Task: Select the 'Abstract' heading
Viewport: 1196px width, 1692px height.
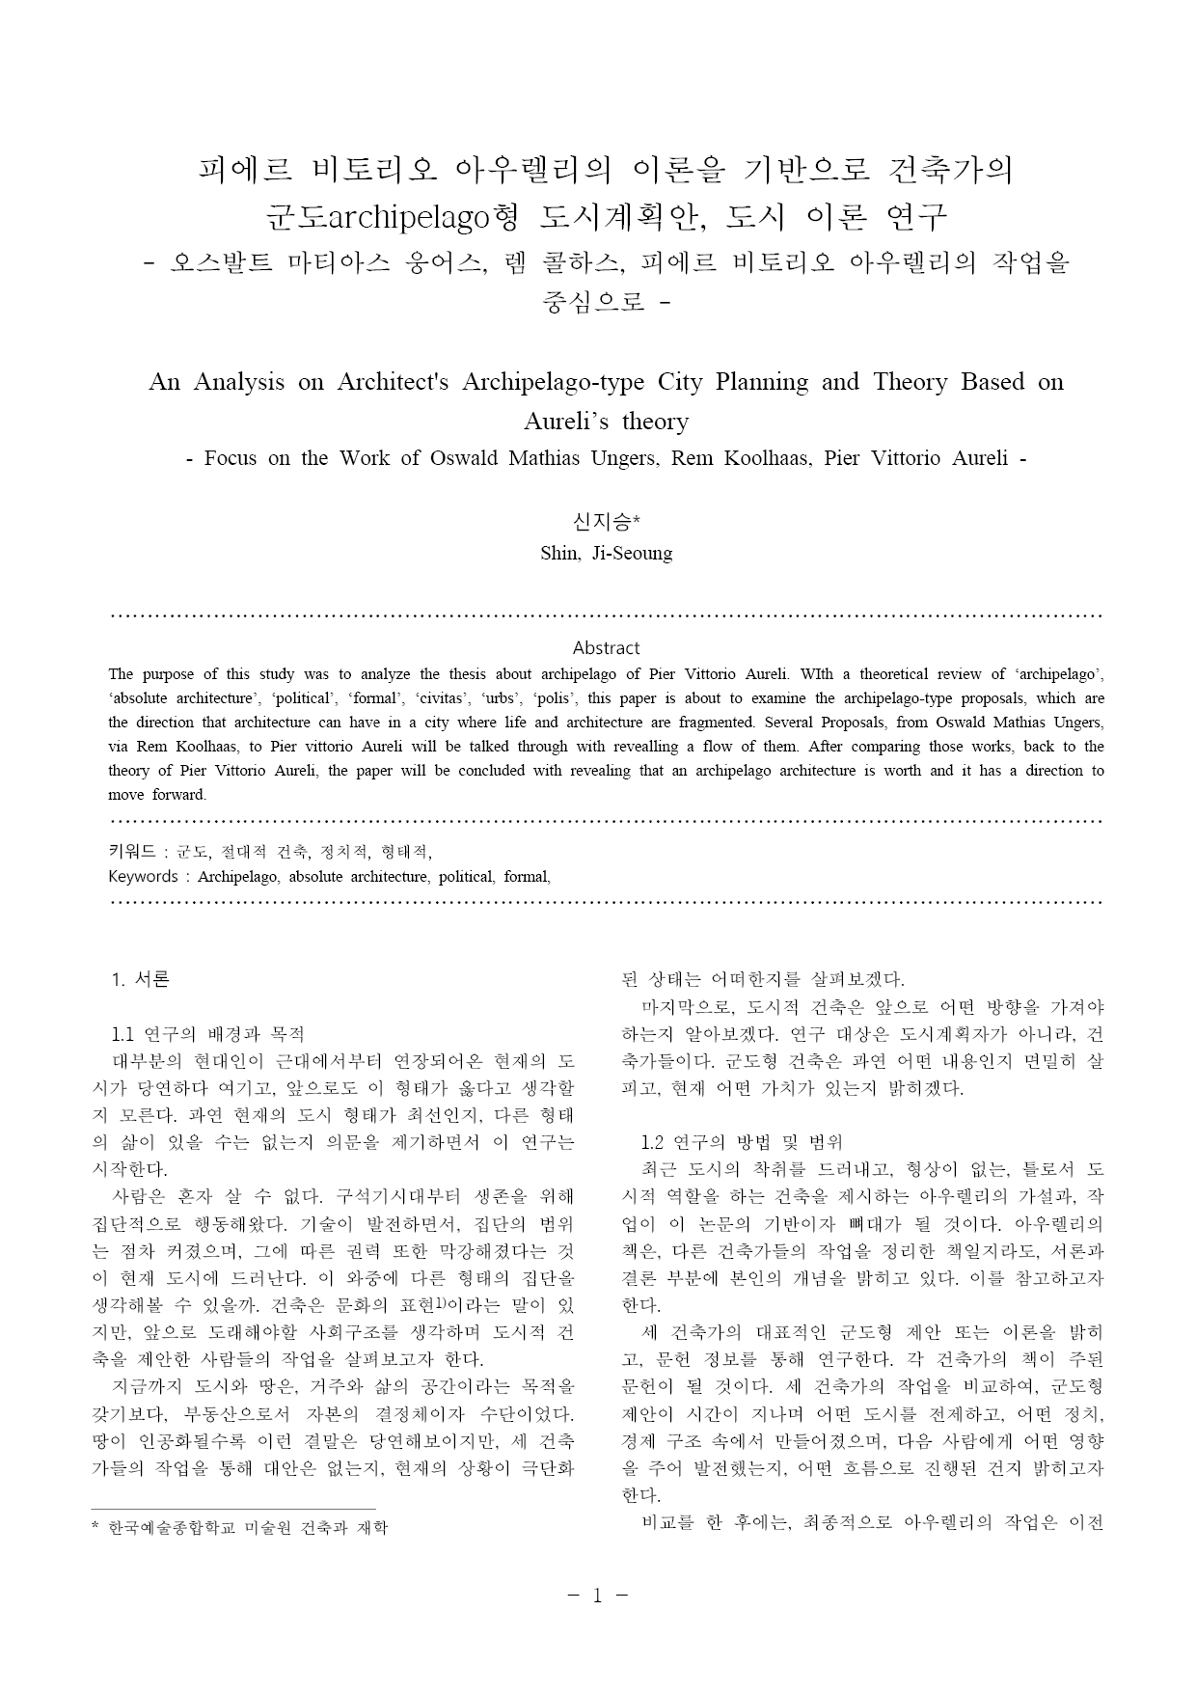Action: click(x=606, y=648)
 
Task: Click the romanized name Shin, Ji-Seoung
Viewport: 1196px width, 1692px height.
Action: click(x=606, y=554)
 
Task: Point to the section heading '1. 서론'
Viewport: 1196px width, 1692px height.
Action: click(x=141, y=979)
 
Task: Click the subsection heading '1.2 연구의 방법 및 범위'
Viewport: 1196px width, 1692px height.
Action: click(x=742, y=1142)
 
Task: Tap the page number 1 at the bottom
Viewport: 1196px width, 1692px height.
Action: click(x=597, y=1596)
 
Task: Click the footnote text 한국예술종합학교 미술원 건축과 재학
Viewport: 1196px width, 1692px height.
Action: click(x=248, y=1528)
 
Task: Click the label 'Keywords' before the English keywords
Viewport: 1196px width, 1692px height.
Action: click(x=143, y=877)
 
